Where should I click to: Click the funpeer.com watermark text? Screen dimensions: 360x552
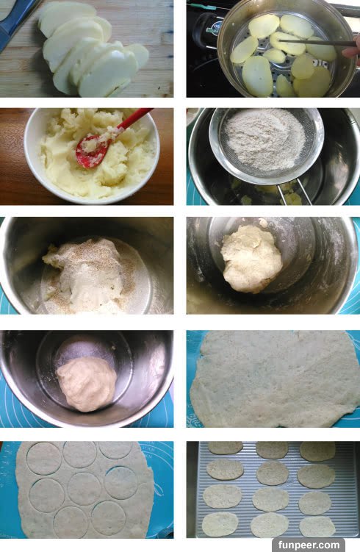(309, 545)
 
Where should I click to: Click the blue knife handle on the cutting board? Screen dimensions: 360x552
(16, 23)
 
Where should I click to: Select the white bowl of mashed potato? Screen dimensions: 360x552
(92, 156)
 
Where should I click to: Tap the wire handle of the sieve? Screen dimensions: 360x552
(294, 192)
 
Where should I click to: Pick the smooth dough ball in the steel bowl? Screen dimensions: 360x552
(87, 384)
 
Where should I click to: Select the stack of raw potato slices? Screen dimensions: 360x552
(93, 49)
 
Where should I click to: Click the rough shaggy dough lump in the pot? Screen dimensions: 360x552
(251, 259)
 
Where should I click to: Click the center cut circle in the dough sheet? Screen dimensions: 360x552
(84, 489)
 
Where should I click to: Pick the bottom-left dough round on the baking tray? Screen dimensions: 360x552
(220, 525)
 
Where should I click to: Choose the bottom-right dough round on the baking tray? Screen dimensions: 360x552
(317, 526)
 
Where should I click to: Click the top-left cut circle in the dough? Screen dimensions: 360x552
(44, 459)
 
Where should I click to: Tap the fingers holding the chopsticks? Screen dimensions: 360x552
(353, 49)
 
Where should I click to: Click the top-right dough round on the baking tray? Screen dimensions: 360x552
(317, 451)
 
